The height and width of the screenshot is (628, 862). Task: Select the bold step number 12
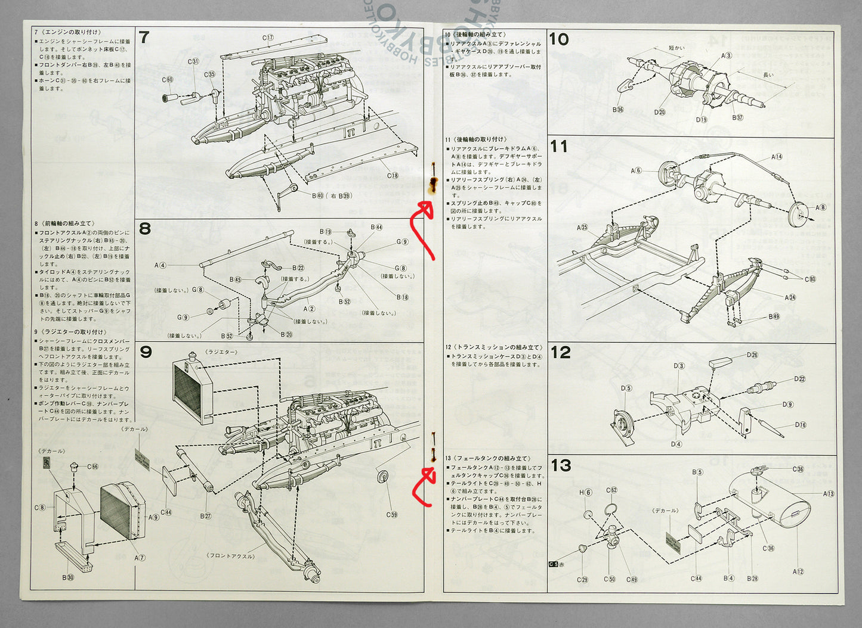tap(560, 352)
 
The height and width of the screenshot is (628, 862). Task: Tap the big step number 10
tap(559, 39)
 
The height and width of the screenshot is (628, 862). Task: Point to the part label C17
tap(268, 38)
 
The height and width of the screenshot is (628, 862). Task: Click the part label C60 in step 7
tap(167, 80)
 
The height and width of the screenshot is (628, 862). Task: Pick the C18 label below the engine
tap(392, 175)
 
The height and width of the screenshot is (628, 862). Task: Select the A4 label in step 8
tap(160, 265)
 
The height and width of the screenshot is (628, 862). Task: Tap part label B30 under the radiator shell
tap(68, 577)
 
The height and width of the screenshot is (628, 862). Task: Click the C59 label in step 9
tap(391, 514)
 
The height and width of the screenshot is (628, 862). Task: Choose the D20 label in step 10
tap(659, 112)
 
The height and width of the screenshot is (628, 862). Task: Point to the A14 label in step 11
tap(777, 157)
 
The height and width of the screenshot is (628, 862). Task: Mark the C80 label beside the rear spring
tap(810, 279)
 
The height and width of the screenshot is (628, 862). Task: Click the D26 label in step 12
tap(752, 355)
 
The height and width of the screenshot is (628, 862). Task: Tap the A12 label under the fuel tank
tap(798, 571)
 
